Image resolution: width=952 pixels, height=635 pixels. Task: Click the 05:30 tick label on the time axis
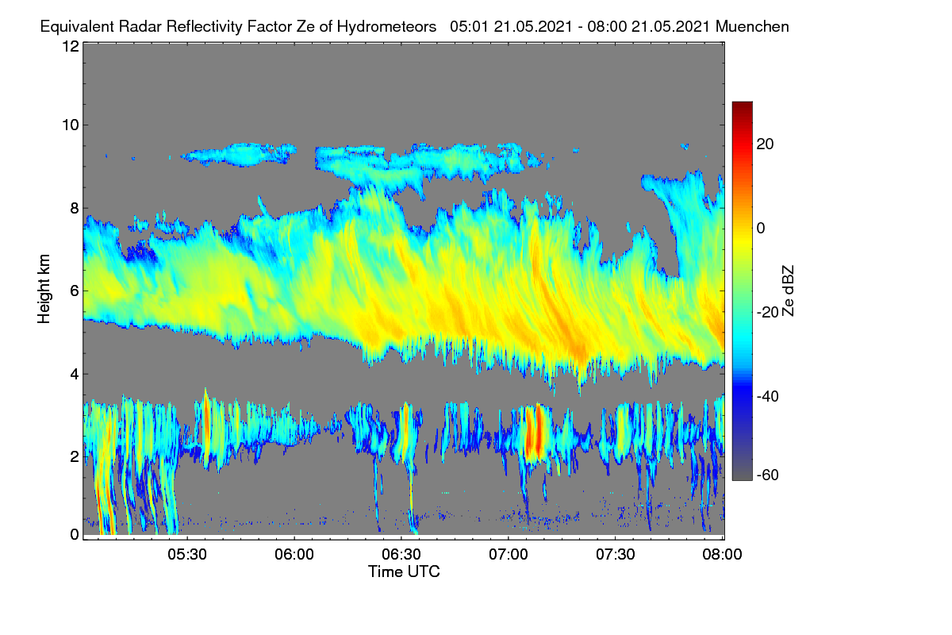pos(187,555)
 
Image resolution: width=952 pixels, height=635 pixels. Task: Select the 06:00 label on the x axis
pos(294,555)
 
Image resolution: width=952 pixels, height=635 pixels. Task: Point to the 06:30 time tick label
pos(401,555)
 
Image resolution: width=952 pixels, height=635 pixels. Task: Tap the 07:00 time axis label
pos(509,555)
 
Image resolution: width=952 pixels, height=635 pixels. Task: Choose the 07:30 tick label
pos(616,555)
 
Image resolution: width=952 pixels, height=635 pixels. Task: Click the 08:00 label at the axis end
pos(722,555)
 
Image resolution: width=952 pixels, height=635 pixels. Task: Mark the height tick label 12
pos(71,46)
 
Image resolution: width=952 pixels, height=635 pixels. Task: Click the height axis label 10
pos(71,125)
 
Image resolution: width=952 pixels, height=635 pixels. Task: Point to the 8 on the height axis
pos(75,209)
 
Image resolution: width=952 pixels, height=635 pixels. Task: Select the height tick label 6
pos(75,291)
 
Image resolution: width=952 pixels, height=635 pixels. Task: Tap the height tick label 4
pos(75,375)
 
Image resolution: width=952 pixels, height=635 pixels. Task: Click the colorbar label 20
pos(765,144)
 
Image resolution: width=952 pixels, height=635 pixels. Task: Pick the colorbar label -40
pos(768,397)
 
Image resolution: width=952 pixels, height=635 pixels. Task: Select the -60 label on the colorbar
pos(768,475)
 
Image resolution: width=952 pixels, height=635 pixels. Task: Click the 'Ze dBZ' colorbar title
pos(788,291)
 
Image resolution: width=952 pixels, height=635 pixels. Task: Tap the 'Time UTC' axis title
pos(404,572)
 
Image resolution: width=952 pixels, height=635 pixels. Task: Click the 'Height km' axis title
pos(44,289)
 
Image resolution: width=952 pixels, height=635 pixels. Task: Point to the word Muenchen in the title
pos(752,27)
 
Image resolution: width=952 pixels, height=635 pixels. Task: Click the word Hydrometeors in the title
pos(387,27)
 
